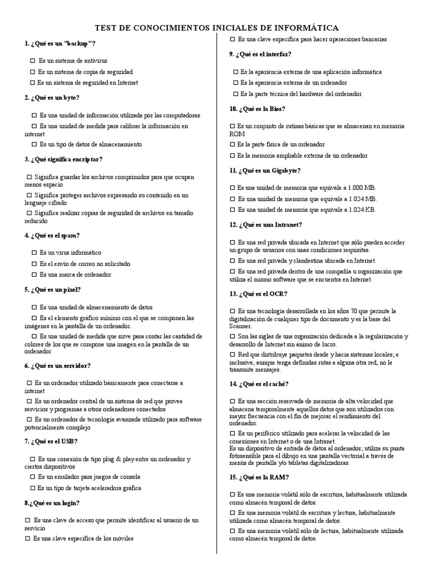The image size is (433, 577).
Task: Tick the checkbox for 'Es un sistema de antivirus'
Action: coord(32,60)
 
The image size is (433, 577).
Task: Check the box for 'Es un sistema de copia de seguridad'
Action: coord(32,72)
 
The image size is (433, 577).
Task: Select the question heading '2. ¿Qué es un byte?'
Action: coord(51,97)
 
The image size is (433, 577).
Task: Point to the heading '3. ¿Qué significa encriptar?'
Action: coord(63,160)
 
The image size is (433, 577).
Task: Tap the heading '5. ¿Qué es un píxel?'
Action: coord(53,290)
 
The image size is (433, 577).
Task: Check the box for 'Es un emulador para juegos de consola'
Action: coord(32,477)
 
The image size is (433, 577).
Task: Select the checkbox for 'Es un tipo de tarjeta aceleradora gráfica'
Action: coord(32,488)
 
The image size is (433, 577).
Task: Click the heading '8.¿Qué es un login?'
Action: coord(52,503)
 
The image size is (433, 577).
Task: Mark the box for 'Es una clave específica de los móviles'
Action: coord(27,539)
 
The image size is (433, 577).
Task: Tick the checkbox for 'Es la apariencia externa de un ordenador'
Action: coord(235,83)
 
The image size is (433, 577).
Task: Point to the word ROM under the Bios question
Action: coord(237,134)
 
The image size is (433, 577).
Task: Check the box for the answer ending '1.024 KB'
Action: coord(233,210)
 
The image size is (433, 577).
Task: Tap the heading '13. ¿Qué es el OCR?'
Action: coord(259,294)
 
